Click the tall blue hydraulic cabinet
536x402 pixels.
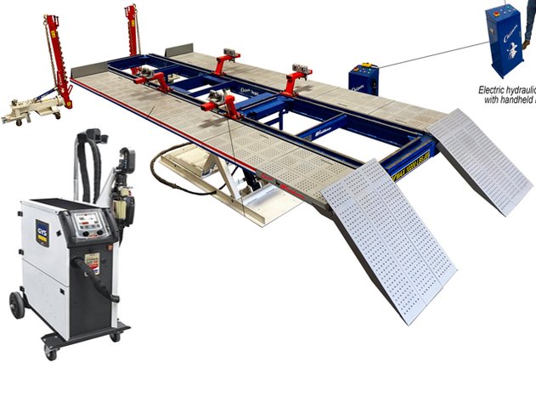[503, 39]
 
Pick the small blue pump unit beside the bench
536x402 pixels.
[363, 79]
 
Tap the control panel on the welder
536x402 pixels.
[88, 224]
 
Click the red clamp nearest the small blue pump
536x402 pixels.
[300, 78]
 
